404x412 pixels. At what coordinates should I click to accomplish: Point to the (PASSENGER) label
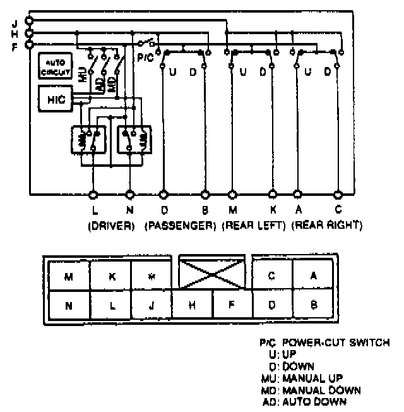[x=181, y=224]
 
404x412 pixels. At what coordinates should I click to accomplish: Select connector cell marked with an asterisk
[x=152, y=276]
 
